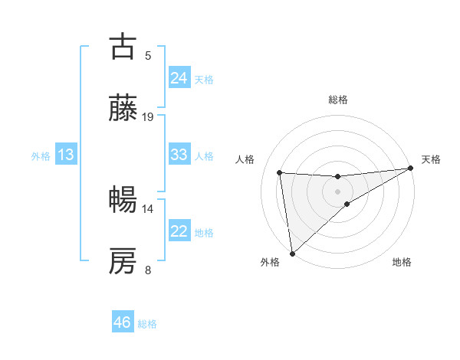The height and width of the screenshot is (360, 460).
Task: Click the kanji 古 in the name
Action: click(123, 47)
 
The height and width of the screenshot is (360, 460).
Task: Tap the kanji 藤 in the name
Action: click(123, 109)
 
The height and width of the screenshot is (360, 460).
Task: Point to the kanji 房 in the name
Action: click(123, 261)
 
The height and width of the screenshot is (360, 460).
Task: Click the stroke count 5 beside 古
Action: click(148, 55)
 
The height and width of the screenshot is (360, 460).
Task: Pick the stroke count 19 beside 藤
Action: click(148, 117)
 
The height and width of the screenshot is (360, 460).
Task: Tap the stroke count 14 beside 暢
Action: click(148, 208)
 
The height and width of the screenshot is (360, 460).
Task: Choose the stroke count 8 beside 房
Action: click(148, 270)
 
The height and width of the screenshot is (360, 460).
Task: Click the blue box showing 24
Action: click(179, 78)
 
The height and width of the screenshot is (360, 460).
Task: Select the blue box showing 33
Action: click(179, 155)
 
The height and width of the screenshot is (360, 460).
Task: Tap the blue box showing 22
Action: click(179, 231)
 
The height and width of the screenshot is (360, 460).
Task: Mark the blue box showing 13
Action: click(66, 155)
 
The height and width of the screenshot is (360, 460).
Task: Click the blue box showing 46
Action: click(123, 322)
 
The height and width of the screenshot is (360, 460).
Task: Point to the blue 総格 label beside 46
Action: click(147, 324)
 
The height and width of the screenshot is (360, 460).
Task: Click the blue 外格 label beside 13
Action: click(41, 156)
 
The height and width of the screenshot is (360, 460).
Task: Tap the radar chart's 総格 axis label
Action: click(338, 100)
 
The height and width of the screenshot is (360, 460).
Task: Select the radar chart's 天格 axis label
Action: click(431, 159)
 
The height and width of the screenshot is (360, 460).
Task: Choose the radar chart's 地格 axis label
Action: click(402, 263)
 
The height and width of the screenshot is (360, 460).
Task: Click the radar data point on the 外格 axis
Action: click(292, 253)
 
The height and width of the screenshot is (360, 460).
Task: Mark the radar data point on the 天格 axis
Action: click(410, 169)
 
